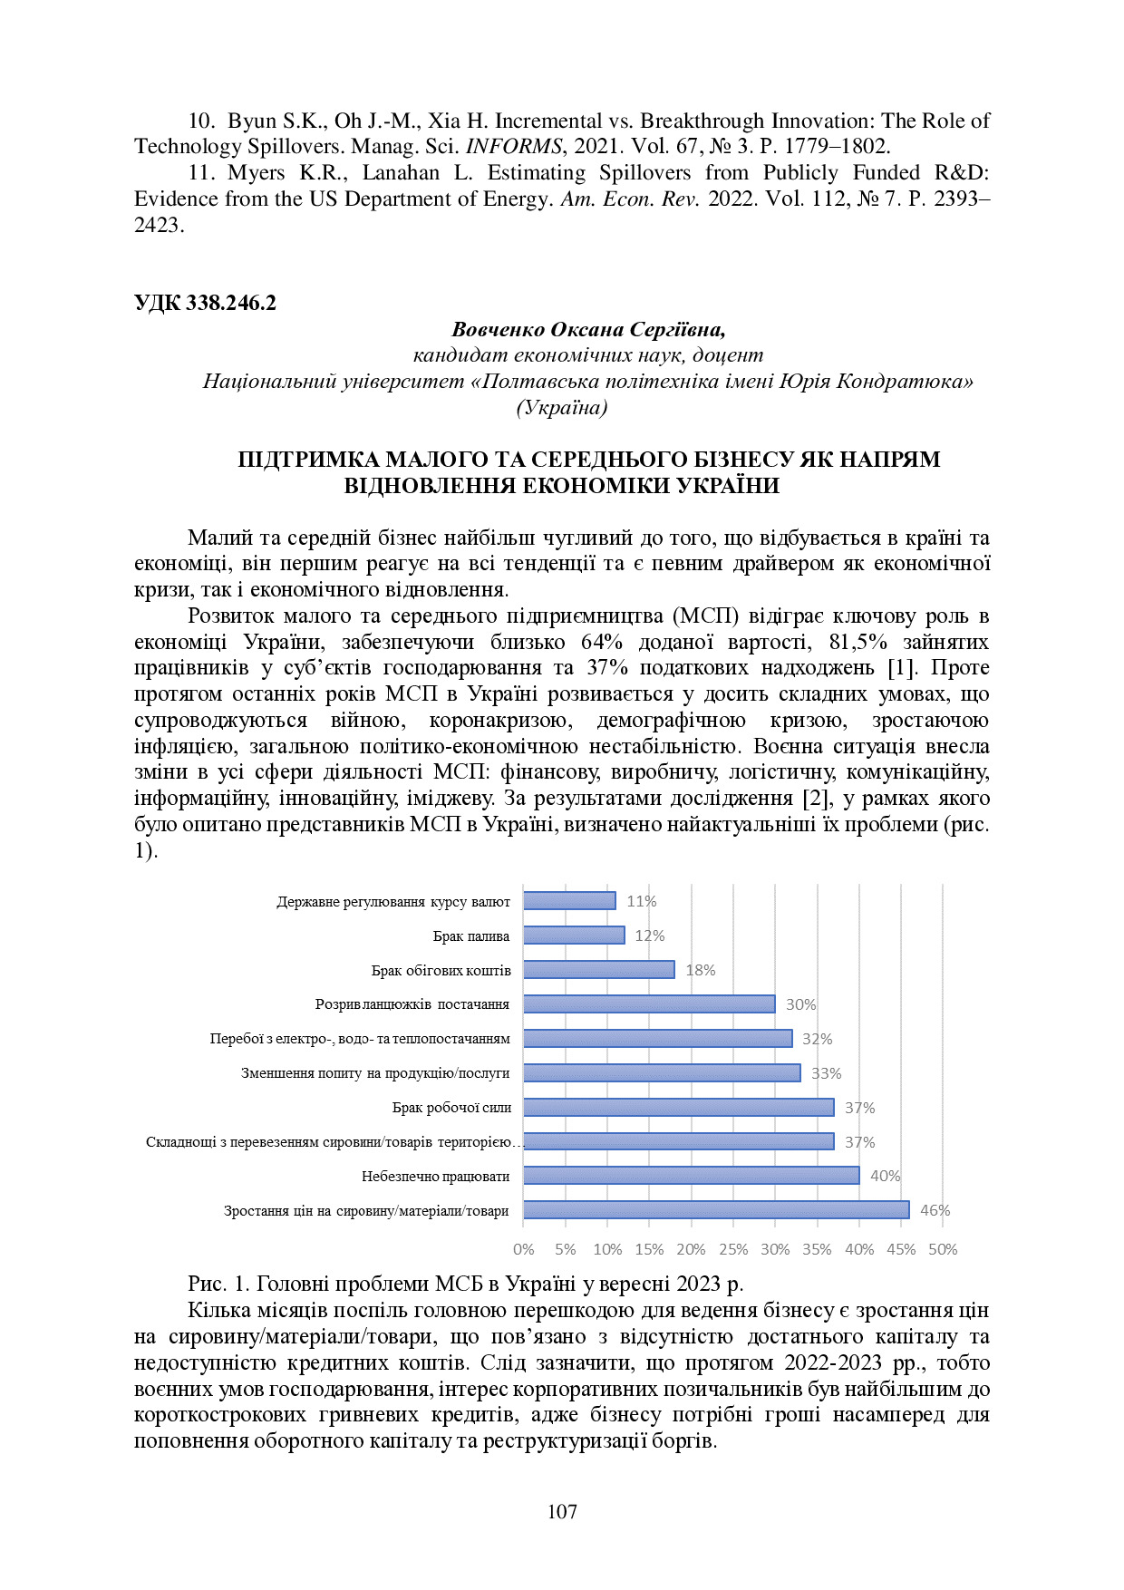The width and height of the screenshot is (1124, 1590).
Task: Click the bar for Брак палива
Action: pyautogui.click(x=574, y=935)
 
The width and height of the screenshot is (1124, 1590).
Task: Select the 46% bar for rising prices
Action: pyautogui.click(x=716, y=1209)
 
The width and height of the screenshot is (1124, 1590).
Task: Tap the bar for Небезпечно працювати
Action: pyautogui.click(x=691, y=1175)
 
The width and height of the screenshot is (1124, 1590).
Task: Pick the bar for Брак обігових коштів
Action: pyautogui.click(x=599, y=969)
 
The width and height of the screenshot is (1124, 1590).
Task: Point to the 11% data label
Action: pyautogui.click(x=642, y=901)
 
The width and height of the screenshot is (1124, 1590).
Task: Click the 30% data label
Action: pyautogui.click(x=800, y=1004)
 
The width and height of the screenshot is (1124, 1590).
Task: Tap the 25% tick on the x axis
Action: pyautogui.click(x=733, y=1249)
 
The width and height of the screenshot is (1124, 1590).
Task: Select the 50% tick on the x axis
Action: pyautogui.click(x=943, y=1249)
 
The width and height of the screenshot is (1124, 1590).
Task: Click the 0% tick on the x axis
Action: pyautogui.click(x=524, y=1249)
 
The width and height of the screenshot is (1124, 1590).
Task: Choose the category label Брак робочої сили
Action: pyautogui.click(x=451, y=1107)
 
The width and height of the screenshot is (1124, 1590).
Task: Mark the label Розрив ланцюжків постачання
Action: pyautogui.click(x=412, y=1004)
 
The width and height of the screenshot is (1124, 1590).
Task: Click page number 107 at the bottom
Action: pyautogui.click(x=562, y=1511)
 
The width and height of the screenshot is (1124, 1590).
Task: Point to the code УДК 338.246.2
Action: pyautogui.click(x=205, y=303)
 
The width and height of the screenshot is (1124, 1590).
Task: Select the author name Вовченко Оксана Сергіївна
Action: pyautogui.click(x=588, y=329)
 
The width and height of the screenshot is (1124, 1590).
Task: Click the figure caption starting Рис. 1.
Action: pyautogui.click(x=465, y=1284)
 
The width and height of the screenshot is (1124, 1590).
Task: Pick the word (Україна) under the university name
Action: pyautogui.click(x=562, y=408)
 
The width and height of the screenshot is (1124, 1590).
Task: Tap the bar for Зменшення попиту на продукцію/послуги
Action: pyautogui.click(x=662, y=1072)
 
